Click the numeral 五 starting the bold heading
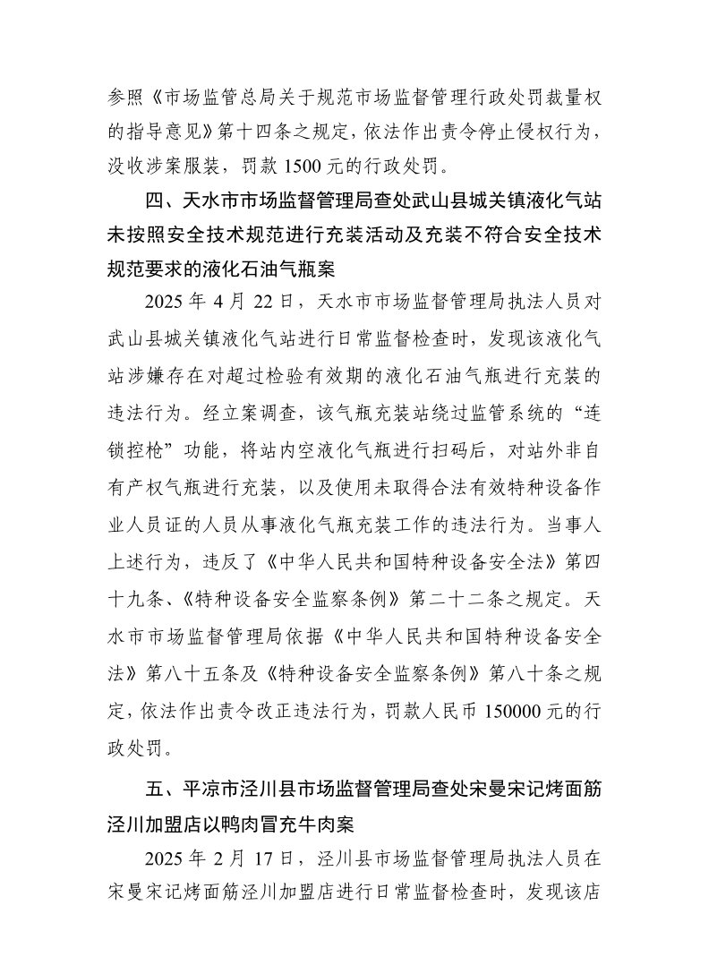point(153,790)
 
